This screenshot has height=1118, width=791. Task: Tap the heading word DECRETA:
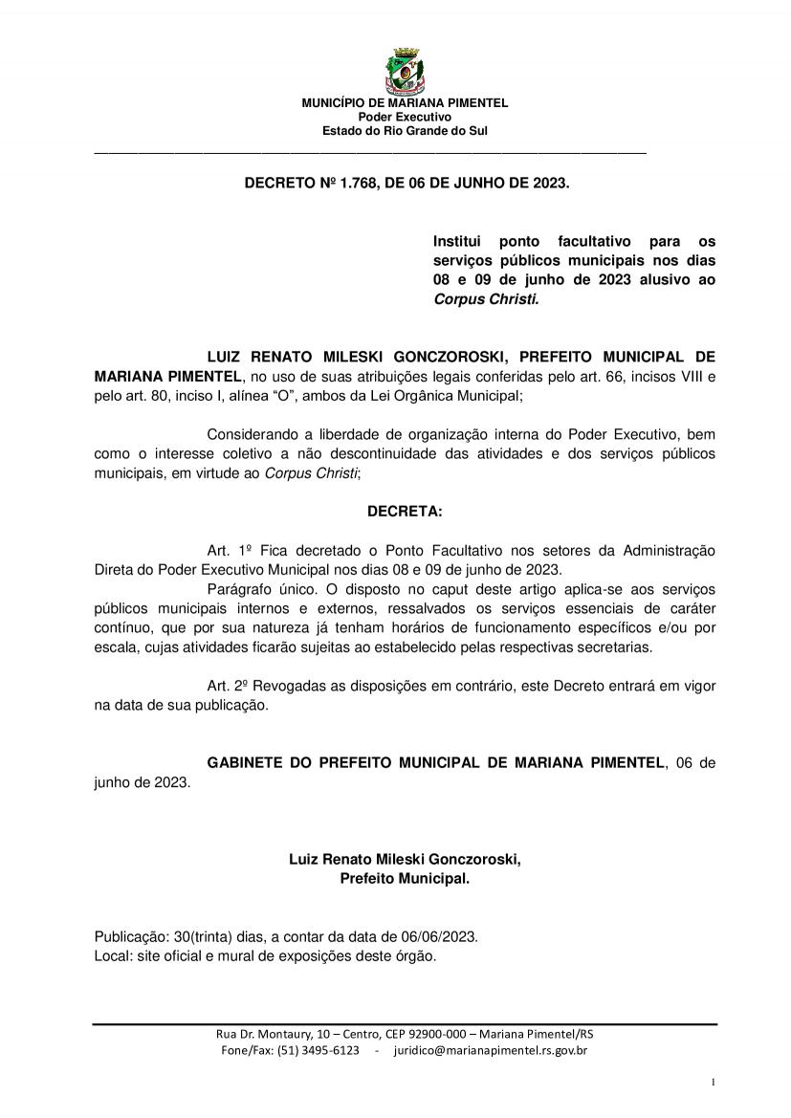pos(405,512)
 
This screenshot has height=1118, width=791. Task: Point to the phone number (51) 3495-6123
pos(319,1050)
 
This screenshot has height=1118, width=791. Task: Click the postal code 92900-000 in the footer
pos(437,1034)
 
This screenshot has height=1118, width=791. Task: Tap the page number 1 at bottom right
pos(714,1082)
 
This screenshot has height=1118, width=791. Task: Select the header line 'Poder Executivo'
pos(405,117)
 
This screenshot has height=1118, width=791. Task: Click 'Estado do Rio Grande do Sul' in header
pos(405,130)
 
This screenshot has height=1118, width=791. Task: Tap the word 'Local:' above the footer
pos(113,955)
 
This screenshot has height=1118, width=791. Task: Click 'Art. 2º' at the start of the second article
pos(228,686)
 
